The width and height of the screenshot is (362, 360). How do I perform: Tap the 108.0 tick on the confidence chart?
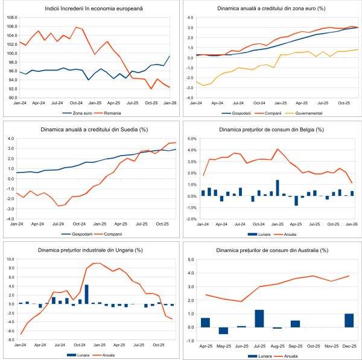11,19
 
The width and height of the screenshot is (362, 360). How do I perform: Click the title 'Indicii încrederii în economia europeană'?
90,8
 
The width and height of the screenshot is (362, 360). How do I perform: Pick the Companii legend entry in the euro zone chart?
266,112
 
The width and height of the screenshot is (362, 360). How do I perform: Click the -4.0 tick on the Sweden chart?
11,218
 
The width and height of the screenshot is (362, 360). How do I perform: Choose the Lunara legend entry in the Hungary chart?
78,353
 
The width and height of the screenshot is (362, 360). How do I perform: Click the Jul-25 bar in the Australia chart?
259,318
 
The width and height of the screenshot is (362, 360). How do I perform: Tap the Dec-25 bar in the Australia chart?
349,320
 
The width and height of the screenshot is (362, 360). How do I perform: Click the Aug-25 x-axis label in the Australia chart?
277,347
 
